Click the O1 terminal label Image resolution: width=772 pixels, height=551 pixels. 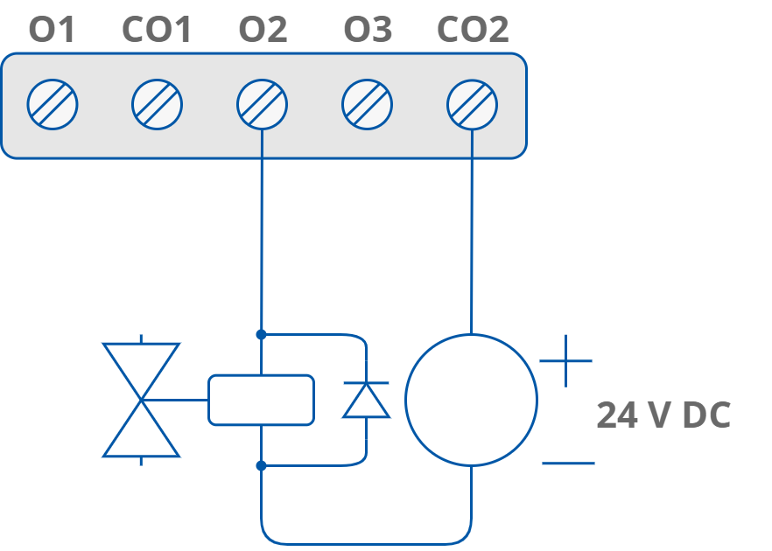click(53, 31)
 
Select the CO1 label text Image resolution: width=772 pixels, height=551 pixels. click(157, 31)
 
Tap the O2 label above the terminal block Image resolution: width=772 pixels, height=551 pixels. click(263, 31)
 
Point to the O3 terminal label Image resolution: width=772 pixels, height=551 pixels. click(368, 31)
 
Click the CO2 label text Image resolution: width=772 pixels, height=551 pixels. click(473, 31)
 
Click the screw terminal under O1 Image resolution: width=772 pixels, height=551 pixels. click(53, 105)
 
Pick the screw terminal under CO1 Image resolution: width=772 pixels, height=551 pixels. click(158, 105)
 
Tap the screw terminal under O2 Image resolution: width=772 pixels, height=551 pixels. click(263, 105)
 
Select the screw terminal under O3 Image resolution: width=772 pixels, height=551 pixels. click(368, 105)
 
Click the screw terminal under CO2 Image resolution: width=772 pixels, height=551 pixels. click(473, 105)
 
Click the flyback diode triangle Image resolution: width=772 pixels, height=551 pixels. click(366, 401)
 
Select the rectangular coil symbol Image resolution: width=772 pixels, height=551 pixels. click(261, 400)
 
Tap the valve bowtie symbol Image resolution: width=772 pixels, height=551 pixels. click(141, 400)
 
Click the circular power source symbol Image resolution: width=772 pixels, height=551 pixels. click(471, 400)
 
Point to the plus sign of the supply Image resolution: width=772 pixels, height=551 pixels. click(565, 360)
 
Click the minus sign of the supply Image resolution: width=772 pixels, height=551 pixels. click(568, 463)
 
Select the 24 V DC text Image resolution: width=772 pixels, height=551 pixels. click(663, 415)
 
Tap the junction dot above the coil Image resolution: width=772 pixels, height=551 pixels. click(261, 334)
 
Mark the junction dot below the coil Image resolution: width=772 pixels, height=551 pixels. click(261, 466)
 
